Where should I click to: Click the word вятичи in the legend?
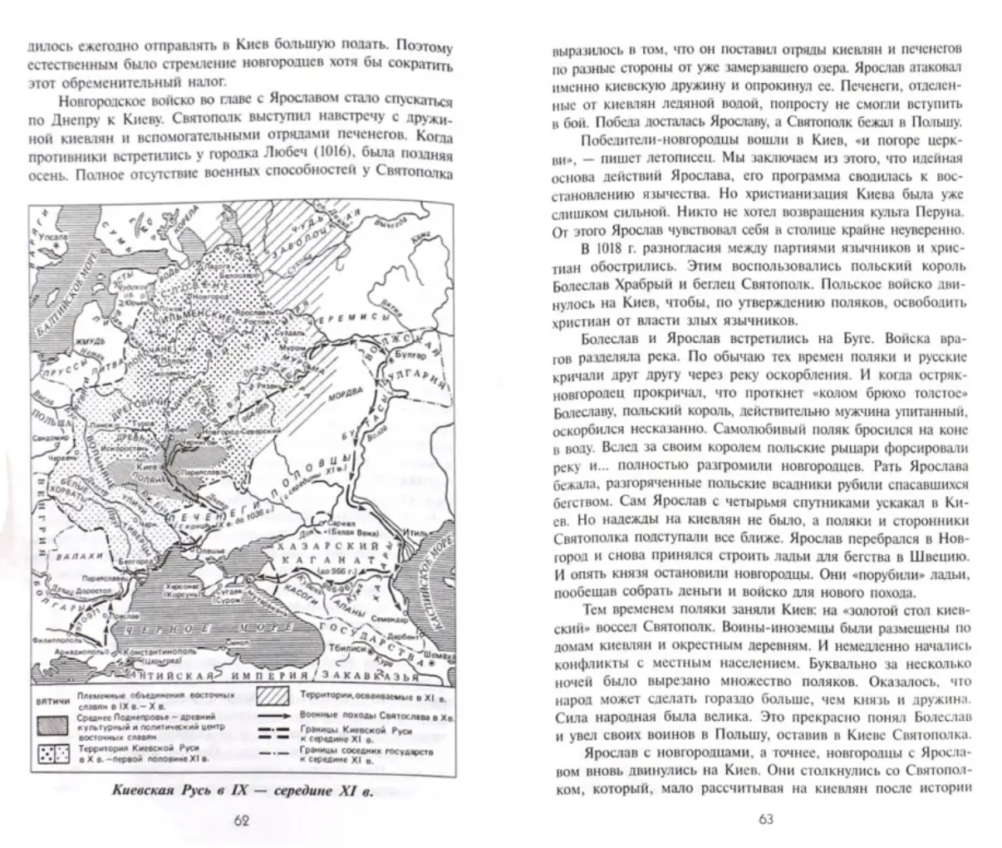coord(51,701)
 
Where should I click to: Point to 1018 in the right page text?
coord(599,247)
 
